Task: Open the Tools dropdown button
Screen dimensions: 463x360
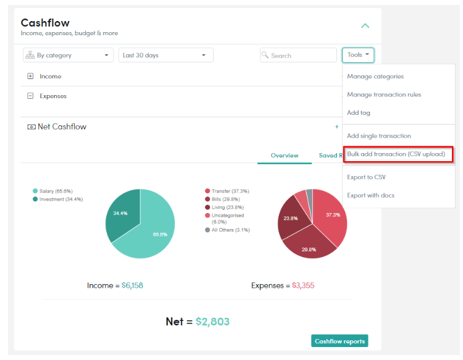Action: coord(358,55)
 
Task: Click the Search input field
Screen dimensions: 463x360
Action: coord(298,55)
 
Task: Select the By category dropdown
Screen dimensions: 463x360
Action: coord(68,55)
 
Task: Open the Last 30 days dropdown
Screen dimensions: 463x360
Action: coord(165,55)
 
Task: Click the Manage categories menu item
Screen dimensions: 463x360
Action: coord(375,77)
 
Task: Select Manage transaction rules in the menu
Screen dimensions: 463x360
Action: coord(384,94)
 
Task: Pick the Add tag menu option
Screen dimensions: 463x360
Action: coord(359,113)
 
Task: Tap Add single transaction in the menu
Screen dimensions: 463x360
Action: coord(379,136)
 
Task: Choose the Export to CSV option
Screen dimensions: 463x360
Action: coord(366,177)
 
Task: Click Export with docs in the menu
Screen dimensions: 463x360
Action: coord(370,196)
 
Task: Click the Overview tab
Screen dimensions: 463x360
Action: coord(285,156)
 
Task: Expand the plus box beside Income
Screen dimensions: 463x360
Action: coord(30,76)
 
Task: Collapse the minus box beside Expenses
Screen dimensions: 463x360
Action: coord(30,96)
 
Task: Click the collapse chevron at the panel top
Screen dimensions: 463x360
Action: coord(365,26)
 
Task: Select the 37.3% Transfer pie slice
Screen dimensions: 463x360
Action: coord(332,215)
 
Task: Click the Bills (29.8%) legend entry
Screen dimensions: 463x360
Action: coord(222,199)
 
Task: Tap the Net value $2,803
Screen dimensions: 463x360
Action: coord(212,322)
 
